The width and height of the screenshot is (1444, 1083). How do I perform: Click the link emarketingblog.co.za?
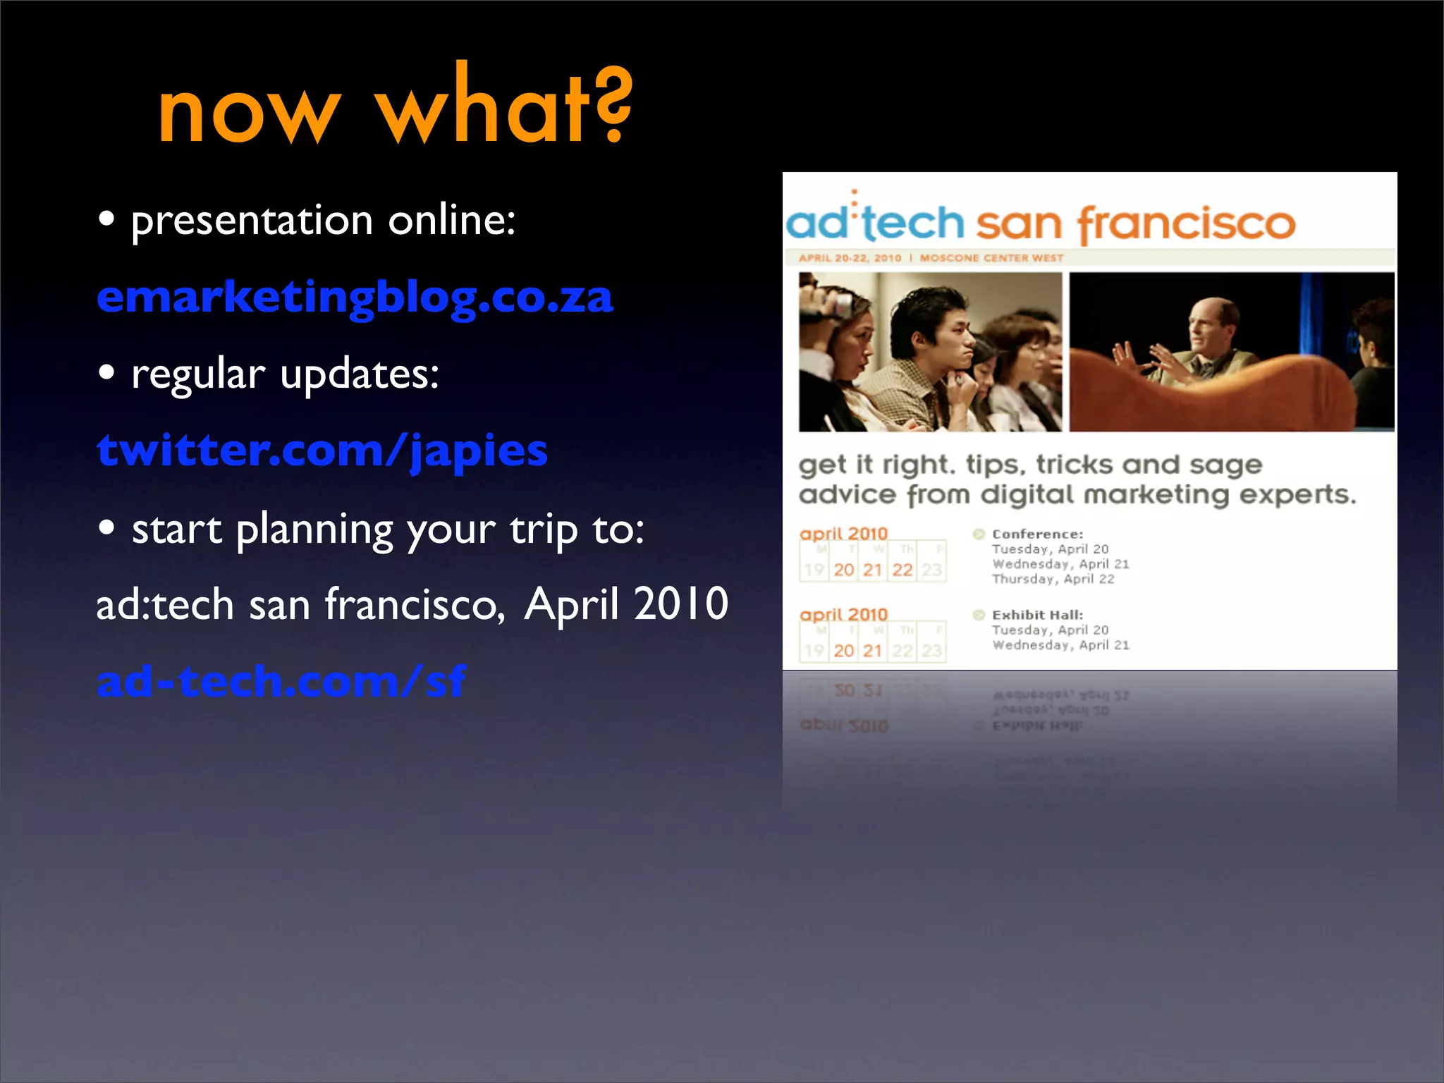pos(355,298)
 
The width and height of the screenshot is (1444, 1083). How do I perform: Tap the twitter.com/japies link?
pos(322,451)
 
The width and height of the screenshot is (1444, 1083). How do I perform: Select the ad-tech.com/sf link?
pos(281,681)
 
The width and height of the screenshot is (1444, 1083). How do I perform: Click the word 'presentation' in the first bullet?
pos(252,221)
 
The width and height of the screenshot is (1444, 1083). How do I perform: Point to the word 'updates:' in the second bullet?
pos(360,374)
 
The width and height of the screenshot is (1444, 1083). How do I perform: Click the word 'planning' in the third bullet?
pos(314,530)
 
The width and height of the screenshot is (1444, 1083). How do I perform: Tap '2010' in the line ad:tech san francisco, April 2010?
pos(680,604)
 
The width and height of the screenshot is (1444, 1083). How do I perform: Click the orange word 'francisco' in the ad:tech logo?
pos(1186,224)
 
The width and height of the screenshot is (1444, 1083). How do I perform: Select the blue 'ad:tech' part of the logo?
pos(875,222)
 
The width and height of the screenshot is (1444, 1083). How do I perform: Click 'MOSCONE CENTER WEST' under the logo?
pos(991,258)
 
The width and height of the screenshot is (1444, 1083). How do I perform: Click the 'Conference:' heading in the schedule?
pos(1037,534)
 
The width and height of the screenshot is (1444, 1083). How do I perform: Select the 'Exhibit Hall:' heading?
pos(1037,615)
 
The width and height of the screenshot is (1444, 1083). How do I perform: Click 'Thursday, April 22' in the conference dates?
pos(1053,579)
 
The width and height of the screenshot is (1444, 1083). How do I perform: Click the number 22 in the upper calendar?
pos(902,570)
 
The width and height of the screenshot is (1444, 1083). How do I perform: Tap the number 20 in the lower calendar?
pos(843,650)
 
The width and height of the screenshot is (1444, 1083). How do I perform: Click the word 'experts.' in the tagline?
pos(1297,494)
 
